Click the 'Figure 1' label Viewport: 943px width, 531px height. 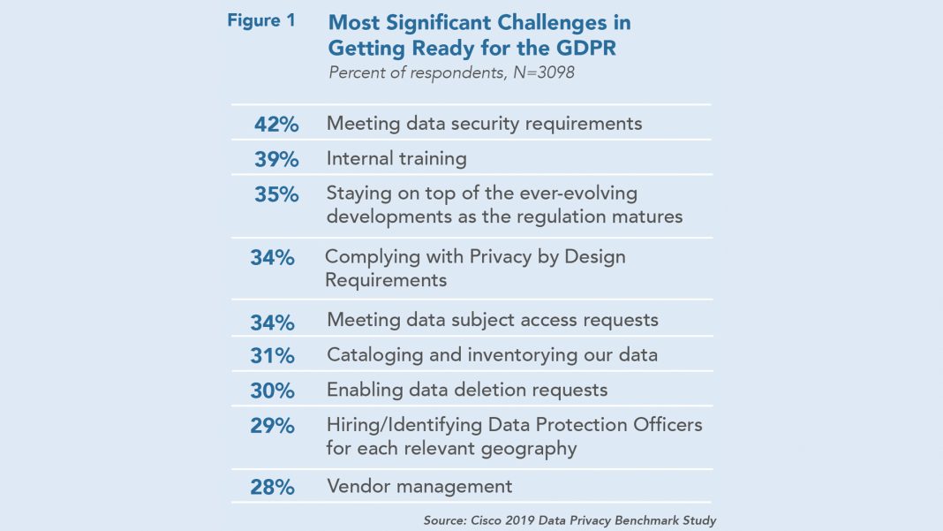[x=261, y=20]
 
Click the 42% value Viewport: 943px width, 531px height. [x=276, y=124]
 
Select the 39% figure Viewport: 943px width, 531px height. [x=276, y=159]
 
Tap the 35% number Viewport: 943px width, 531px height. [x=276, y=194]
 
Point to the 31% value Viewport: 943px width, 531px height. [x=272, y=355]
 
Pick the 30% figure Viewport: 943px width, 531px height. [x=272, y=390]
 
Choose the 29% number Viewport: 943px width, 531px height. [x=272, y=425]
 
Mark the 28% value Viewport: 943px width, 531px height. [x=272, y=486]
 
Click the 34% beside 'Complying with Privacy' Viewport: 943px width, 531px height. [x=272, y=257]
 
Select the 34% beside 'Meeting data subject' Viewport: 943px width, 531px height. [x=272, y=322]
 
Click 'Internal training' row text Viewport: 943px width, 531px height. [x=396, y=159]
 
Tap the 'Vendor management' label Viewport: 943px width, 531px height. [x=419, y=486]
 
